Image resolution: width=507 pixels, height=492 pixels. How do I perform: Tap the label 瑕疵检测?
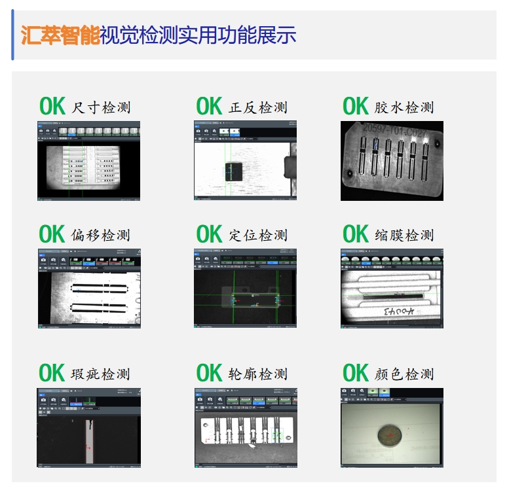coord(101,374)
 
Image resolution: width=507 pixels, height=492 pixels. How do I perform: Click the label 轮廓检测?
coord(258,374)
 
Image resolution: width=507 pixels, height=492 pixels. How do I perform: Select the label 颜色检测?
coord(404,374)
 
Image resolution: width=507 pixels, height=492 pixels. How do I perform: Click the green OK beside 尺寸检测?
coord(52,107)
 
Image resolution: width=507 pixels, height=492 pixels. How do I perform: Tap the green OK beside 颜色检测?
coord(356,374)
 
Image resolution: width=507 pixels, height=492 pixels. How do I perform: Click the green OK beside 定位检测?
coord(210,234)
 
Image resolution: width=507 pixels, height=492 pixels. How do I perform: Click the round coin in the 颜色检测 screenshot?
coord(388,434)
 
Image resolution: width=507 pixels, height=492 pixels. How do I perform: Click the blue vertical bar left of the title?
coord(12,35)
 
